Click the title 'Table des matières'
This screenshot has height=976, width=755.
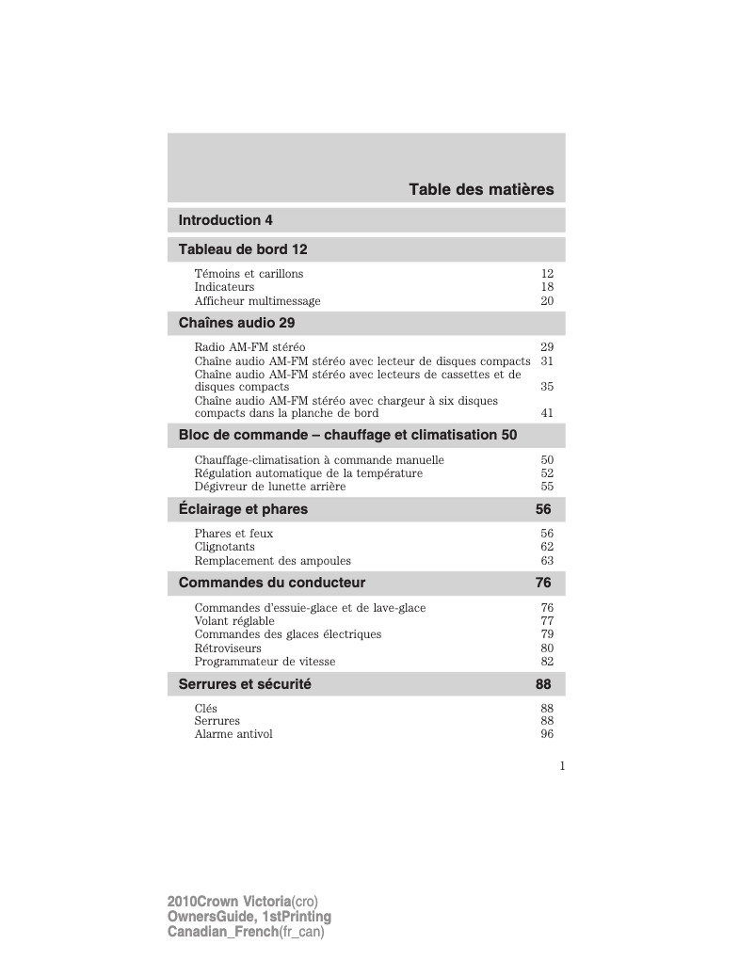click(481, 190)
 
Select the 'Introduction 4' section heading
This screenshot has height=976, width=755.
click(226, 220)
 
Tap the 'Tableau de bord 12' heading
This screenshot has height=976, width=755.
click(243, 249)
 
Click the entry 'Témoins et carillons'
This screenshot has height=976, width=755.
click(249, 274)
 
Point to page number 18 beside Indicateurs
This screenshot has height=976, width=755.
click(547, 287)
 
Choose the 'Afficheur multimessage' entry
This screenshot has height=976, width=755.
click(257, 301)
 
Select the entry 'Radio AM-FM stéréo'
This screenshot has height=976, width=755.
click(249, 347)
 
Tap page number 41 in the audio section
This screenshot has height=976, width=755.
click(547, 413)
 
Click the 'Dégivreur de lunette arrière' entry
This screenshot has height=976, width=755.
click(269, 487)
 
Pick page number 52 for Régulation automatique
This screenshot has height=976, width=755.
click(547, 473)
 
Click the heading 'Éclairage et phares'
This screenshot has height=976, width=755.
click(243, 509)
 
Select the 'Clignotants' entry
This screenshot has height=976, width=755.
click(224, 547)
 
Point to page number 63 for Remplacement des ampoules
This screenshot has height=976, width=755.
click(547, 561)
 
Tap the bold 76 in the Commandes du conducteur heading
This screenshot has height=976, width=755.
click(543, 583)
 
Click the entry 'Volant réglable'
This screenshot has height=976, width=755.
click(234, 621)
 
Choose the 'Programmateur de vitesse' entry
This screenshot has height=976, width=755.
click(265, 662)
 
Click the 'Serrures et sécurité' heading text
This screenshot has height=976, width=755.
click(245, 684)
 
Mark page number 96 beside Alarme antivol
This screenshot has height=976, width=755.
click(547, 734)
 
